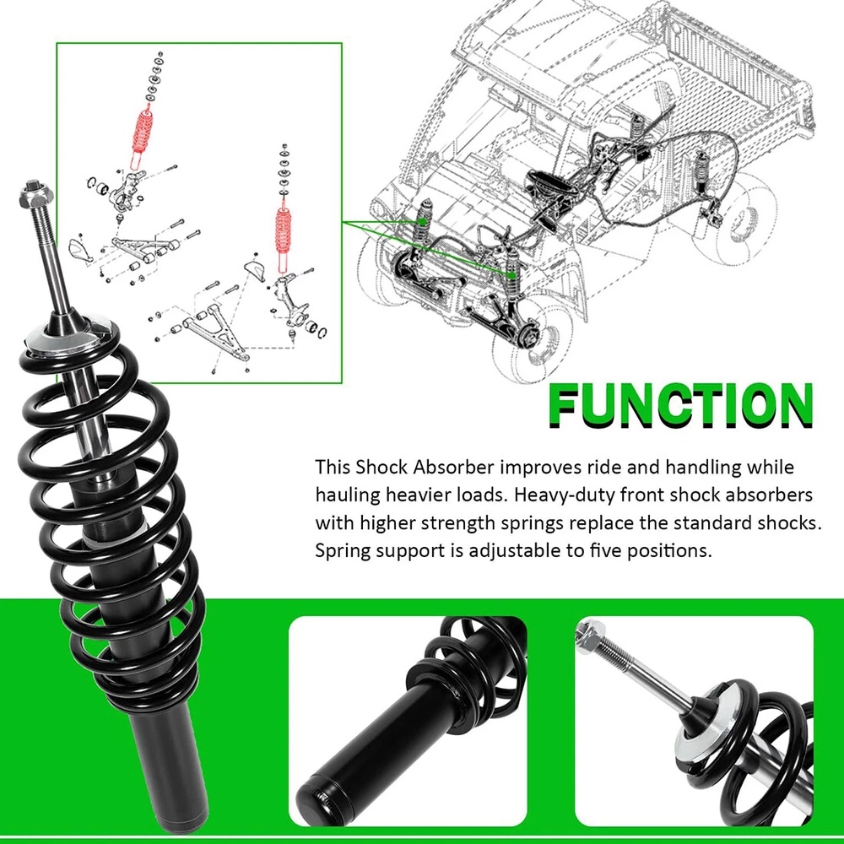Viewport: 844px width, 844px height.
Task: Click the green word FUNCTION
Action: click(x=681, y=405)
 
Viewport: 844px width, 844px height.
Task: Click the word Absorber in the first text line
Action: click(x=453, y=468)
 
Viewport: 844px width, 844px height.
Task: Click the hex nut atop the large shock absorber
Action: click(x=35, y=194)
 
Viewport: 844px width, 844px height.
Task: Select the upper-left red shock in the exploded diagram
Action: click(x=142, y=134)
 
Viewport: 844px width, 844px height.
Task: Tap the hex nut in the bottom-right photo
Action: click(x=590, y=635)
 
